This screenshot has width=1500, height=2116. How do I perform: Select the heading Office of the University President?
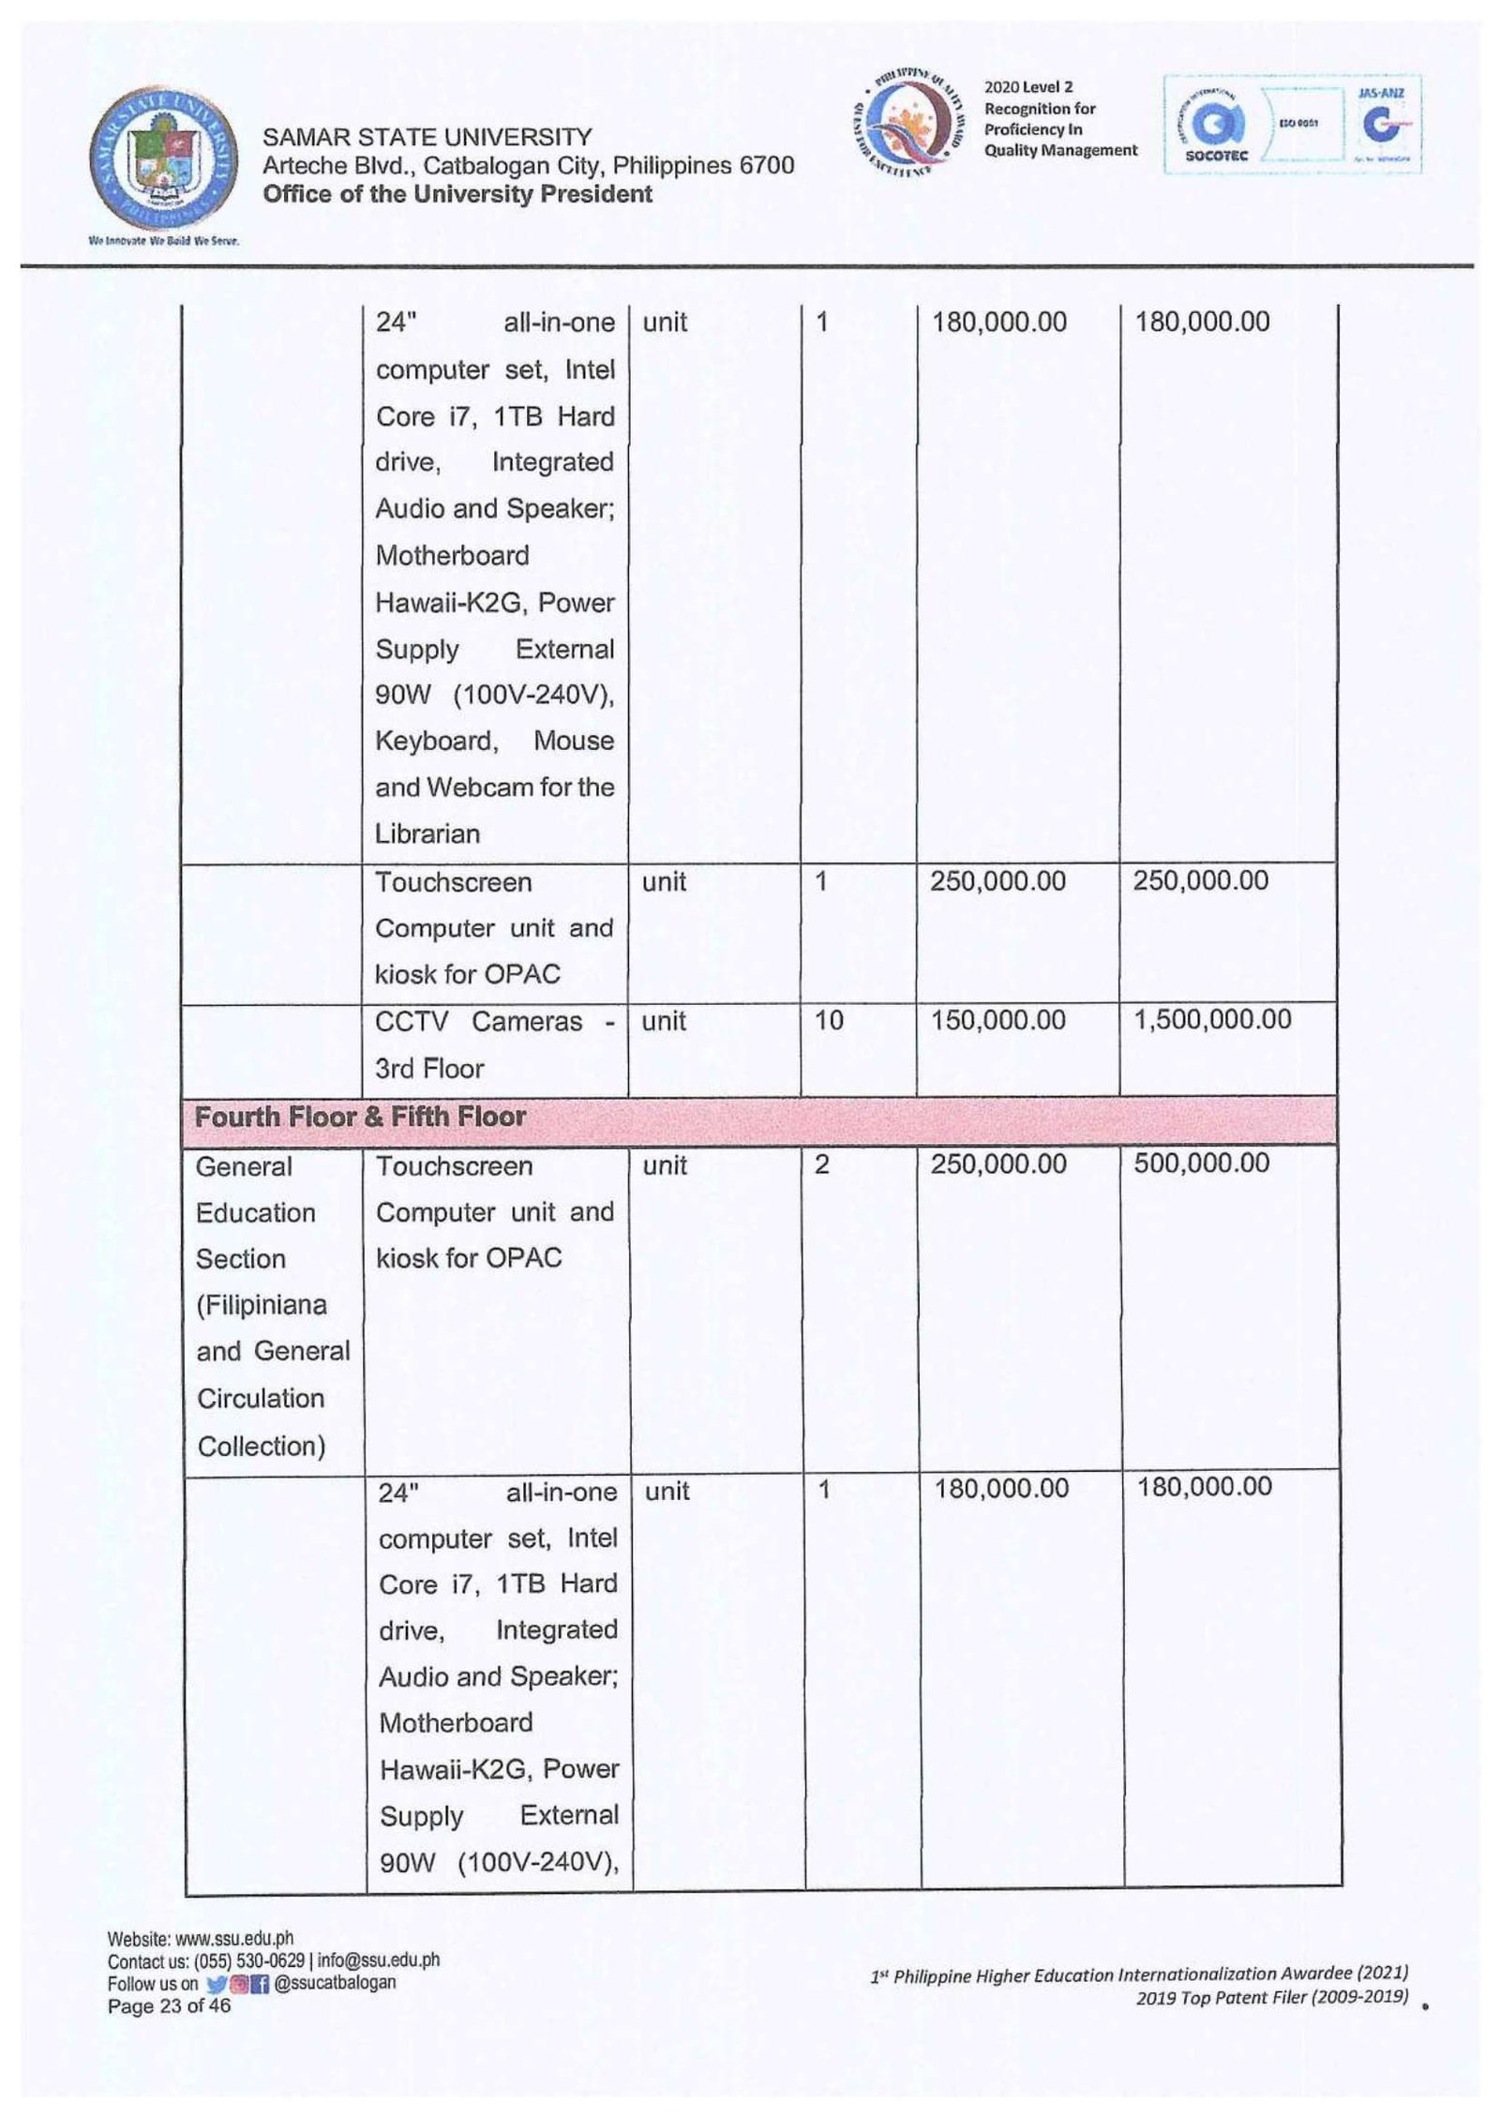click(457, 194)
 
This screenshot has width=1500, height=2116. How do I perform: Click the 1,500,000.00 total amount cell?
click(1212, 1019)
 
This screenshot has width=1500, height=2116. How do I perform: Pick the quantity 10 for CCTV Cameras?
click(829, 1020)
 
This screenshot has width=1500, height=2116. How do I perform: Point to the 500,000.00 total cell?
click(1202, 1163)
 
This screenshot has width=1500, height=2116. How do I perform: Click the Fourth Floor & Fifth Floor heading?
click(360, 1117)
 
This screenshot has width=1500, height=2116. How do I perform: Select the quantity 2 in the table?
click(822, 1164)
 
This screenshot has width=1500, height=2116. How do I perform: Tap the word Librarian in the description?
click(427, 833)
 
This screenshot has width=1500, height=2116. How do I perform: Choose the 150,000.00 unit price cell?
click(997, 1020)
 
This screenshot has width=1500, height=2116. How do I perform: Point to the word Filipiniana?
click(262, 1305)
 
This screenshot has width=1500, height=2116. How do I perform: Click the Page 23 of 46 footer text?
click(169, 2006)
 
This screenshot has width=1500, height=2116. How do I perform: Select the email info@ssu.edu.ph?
click(379, 1959)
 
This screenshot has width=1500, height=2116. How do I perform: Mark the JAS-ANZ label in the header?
click(1381, 94)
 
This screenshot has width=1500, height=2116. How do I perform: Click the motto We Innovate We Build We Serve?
click(164, 241)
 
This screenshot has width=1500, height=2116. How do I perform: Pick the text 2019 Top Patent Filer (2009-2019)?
click(1271, 1997)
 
